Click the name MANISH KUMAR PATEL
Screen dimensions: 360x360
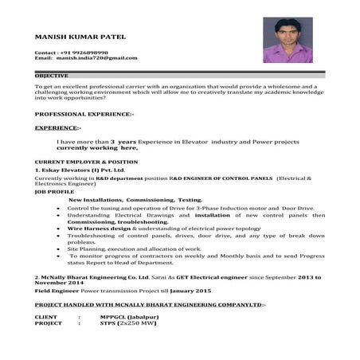80,37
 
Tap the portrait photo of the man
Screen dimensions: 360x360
287,40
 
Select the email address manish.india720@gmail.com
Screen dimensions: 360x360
97,58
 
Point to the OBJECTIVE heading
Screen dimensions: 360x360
51,76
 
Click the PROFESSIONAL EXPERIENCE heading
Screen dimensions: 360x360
84,114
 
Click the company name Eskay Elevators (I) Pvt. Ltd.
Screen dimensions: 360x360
82,170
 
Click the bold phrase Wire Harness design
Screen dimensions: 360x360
99,229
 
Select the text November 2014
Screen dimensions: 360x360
60,283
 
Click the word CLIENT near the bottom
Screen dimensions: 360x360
47,317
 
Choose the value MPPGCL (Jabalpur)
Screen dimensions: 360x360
143,317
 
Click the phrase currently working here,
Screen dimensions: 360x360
97,147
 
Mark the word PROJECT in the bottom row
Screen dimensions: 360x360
49,324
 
